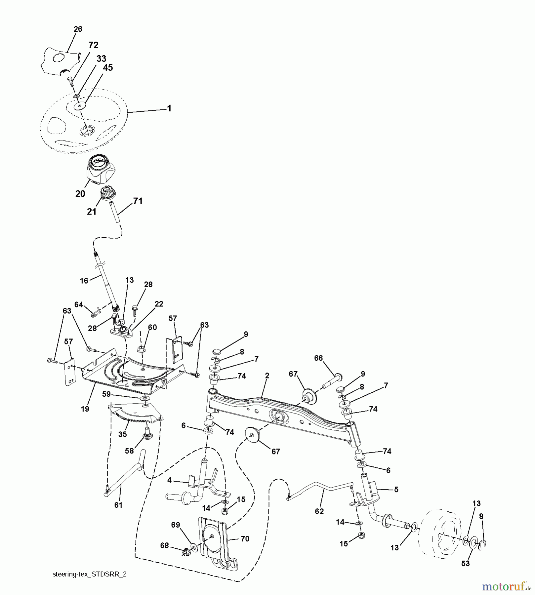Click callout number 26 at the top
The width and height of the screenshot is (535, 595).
[x=78, y=29]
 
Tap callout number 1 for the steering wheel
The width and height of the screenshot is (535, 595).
[x=169, y=108]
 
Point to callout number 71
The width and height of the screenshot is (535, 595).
[x=138, y=201]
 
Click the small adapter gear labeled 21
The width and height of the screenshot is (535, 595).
[x=107, y=193]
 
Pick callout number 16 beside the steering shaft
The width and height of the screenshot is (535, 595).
[x=84, y=281]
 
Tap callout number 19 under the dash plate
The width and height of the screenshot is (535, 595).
[x=85, y=409]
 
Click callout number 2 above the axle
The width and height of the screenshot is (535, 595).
[x=267, y=376]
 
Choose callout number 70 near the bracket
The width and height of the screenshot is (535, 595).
[x=245, y=538]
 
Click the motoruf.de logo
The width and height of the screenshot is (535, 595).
[x=506, y=586]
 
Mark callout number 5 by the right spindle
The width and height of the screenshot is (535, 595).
[x=396, y=489]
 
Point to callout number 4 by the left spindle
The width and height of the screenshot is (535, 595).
[x=169, y=480]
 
